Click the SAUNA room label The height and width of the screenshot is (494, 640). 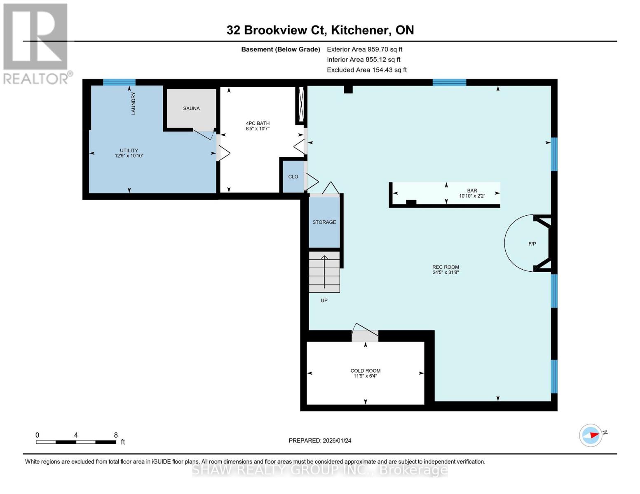[x=191, y=108]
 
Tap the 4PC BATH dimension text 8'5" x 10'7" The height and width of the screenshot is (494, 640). [x=258, y=129]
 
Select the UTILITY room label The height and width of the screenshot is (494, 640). [x=129, y=150]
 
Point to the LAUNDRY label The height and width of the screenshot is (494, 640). [x=133, y=103]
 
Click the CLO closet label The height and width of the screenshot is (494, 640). [x=293, y=177]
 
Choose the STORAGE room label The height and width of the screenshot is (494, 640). [x=324, y=222]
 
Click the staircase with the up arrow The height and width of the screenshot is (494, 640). [x=324, y=272]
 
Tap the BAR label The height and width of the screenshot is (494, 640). [x=472, y=191]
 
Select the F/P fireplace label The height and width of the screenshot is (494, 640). [x=532, y=244]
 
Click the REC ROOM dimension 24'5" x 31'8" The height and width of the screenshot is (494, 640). [x=445, y=273]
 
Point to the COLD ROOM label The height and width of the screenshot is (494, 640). [x=366, y=370]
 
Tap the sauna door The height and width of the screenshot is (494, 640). [x=204, y=135]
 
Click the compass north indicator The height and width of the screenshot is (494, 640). [x=591, y=435]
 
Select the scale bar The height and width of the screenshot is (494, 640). [x=76, y=442]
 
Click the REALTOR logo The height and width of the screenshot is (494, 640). [x=36, y=43]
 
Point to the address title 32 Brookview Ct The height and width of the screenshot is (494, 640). [x=320, y=30]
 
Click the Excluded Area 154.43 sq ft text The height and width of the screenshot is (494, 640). [x=366, y=70]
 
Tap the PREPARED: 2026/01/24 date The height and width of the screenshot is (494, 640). [x=320, y=440]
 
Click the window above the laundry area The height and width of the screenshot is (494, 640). [x=119, y=82]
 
